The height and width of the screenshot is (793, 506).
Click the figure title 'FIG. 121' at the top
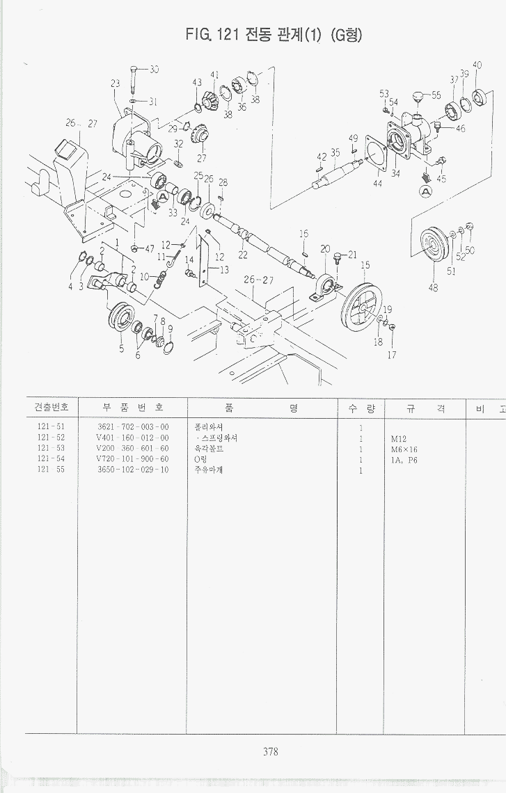point(212,35)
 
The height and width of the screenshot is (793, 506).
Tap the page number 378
point(271,751)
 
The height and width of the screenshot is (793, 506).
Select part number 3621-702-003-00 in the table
point(132,426)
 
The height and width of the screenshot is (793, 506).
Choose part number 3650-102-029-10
point(132,470)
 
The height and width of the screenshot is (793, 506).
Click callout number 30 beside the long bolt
point(153,69)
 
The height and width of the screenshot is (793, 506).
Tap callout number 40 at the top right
point(477,65)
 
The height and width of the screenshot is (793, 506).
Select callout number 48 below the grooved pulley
point(433,287)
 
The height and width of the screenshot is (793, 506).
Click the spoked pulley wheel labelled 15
point(361,304)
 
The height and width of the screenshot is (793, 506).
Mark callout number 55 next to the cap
point(436,95)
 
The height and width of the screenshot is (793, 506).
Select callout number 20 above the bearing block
point(325,249)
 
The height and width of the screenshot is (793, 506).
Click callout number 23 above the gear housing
point(116,83)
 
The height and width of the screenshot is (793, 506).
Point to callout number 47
point(148,248)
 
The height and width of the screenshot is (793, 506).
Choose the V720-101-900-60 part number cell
point(132,460)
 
